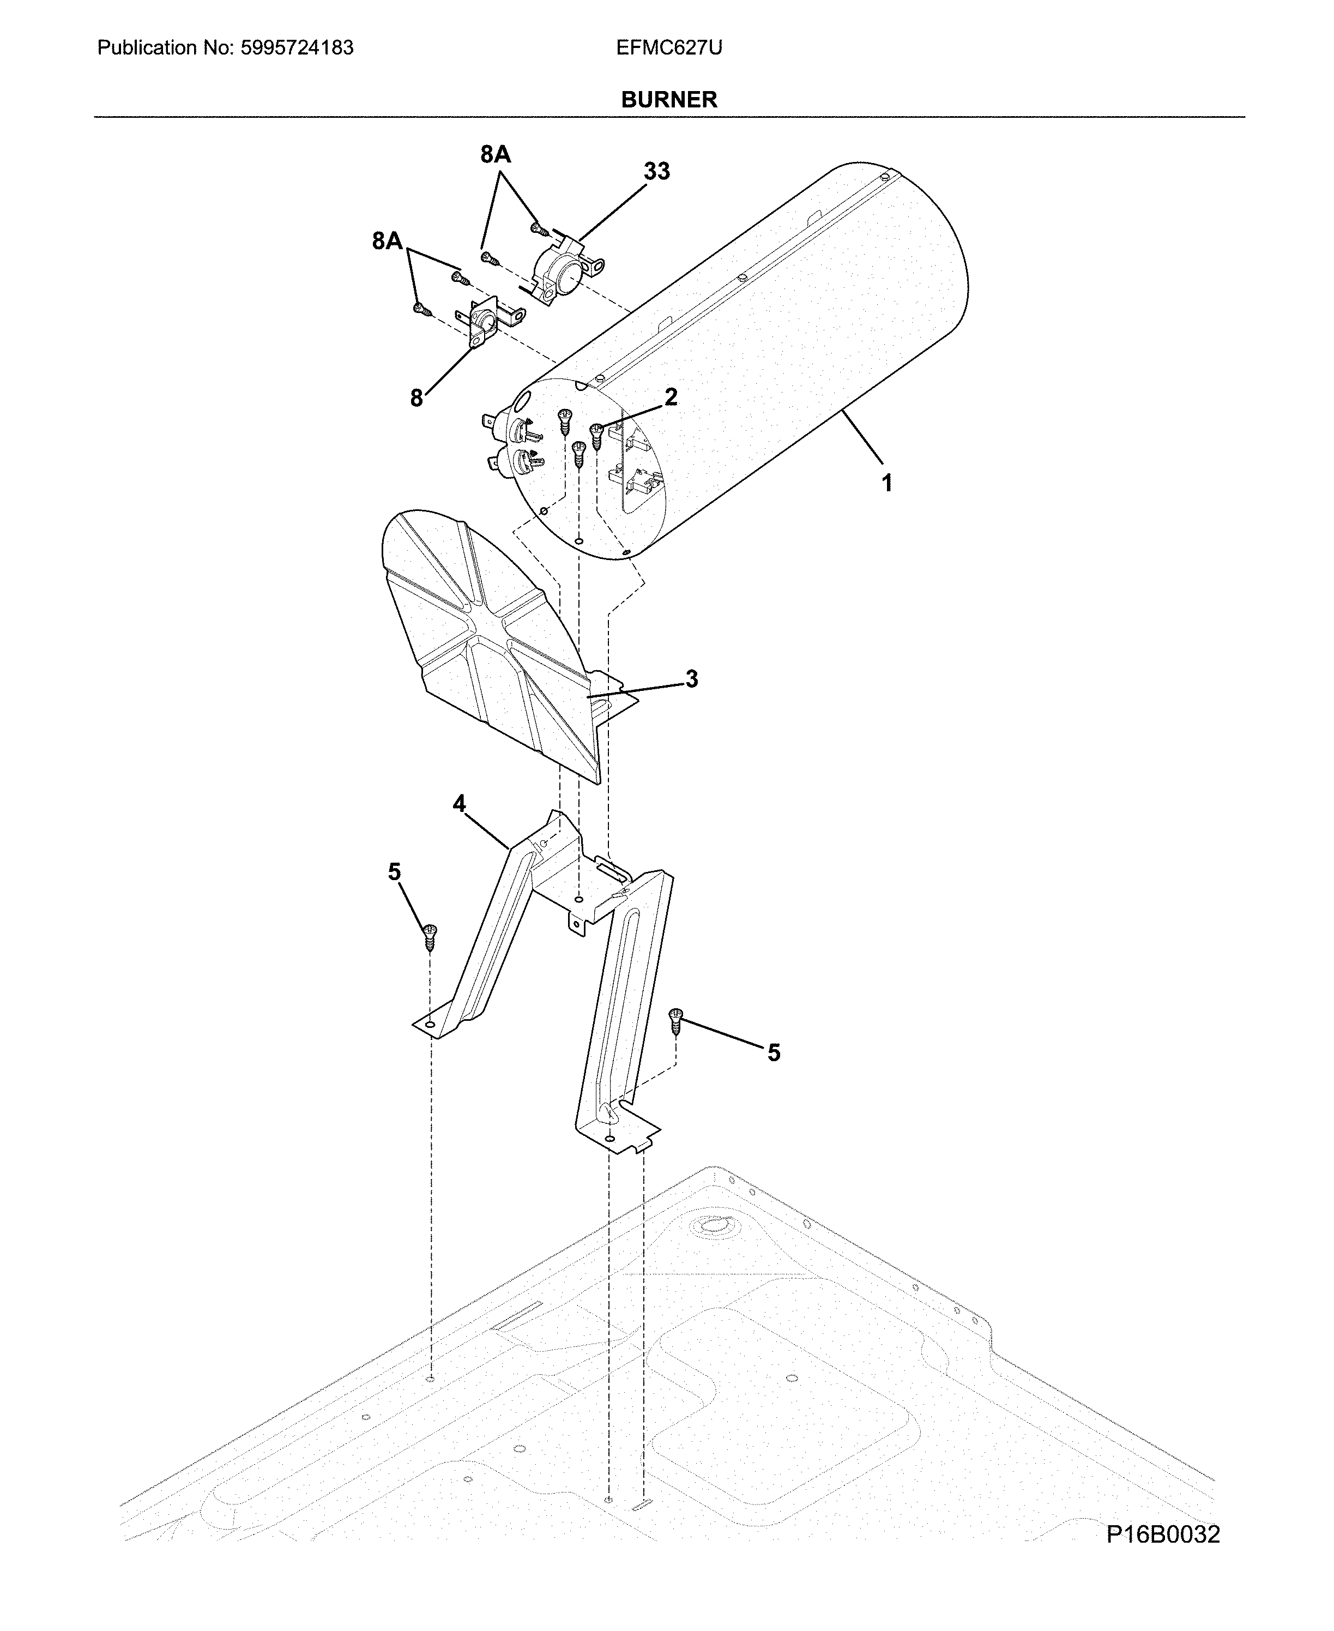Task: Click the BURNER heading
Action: [x=668, y=99]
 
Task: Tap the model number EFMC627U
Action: [x=668, y=47]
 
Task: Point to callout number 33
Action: [x=656, y=171]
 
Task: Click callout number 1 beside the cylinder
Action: [x=887, y=484]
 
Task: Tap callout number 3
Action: [x=692, y=679]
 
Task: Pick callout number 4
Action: [x=459, y=804]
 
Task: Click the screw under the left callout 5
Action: [x=430, y=938]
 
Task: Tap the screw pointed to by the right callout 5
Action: [x=676, y=1021]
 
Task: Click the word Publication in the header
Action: [x=147, y=47]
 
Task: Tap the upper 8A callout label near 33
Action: [x=496, y=154]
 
